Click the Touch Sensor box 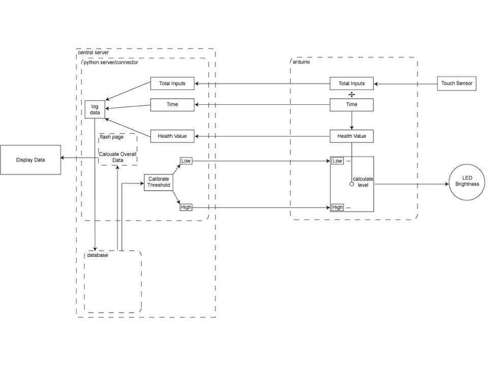(457, 83)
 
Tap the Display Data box (30, 160)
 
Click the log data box (95, 109)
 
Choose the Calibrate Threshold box (159, 182)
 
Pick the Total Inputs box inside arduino (351, 83)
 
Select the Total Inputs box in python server (172, 83)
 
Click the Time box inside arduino (351, 105)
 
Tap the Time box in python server (172, 105)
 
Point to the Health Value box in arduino (351, 136)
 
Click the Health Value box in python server (172, 136)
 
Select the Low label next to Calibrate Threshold (186, 161)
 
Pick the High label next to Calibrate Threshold (186, 207)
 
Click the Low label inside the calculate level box (337, 161)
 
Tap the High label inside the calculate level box (337, 207)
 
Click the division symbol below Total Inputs (351, 95)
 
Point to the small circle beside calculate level (351, 185)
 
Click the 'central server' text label (93, 53)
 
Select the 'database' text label (97, 255)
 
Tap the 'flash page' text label (112, 137)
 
